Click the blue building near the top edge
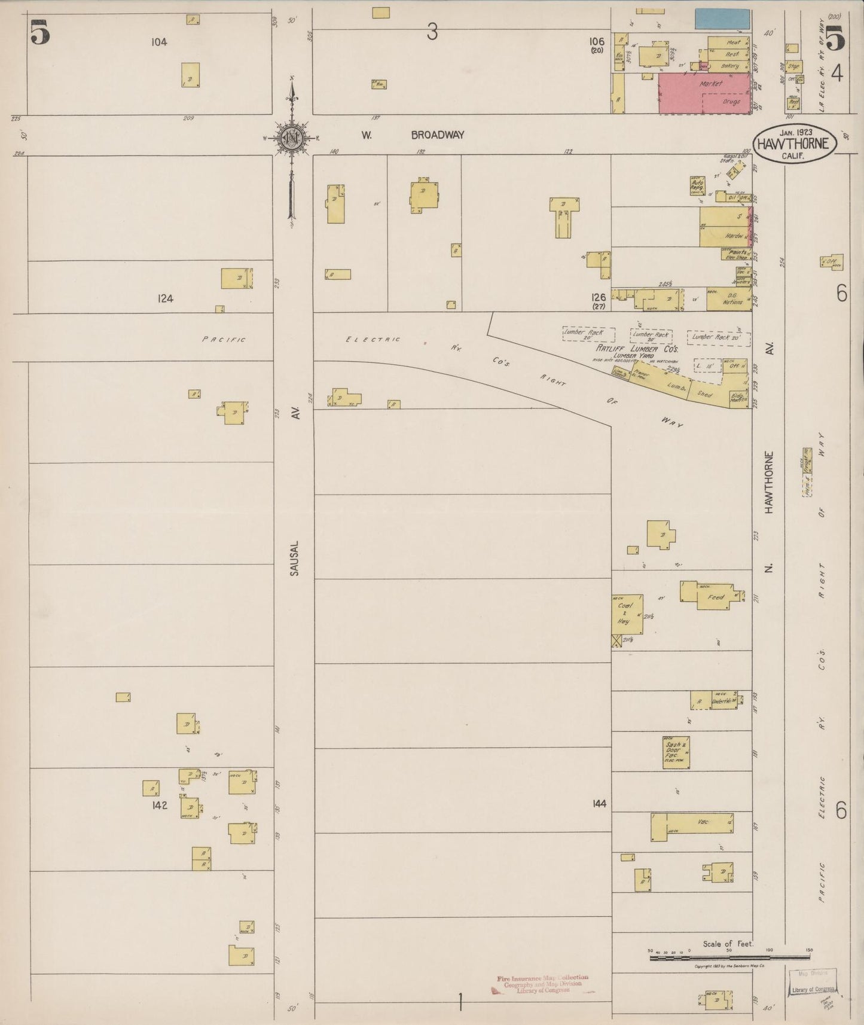[x=722, y=19]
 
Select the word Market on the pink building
[x=710, y=84]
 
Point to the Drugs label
[x=731, y=102]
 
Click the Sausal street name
[x=294, y=559]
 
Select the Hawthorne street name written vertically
[x=769, y=482]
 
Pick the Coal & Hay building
[x=627, y=614]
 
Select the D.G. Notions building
[x=729, y=298]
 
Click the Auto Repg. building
[x=697, y=185]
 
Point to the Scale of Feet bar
[x=729, y=957]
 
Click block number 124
[x=165, y=298]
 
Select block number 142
[x=159, y=805]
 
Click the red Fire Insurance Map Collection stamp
[x=542, y=984]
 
